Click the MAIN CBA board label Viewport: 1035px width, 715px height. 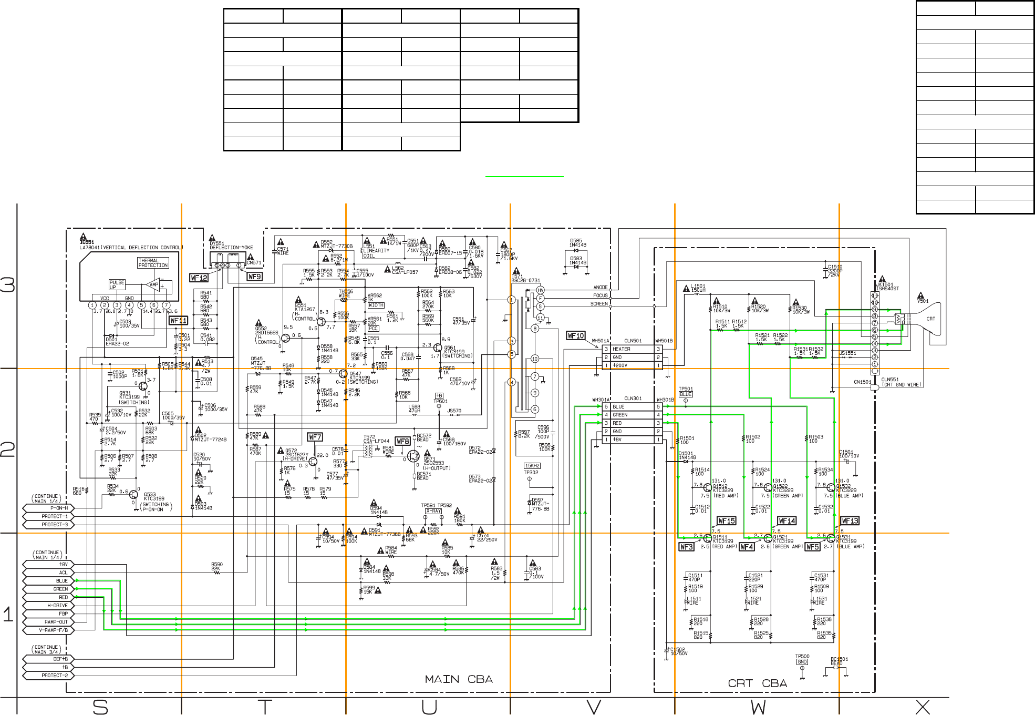tap(459, 679)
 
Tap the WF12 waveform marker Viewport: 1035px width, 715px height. tap(199, 278)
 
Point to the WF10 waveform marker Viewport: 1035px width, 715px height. tap(576, 335)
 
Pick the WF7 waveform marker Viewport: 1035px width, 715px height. tap(315, 437)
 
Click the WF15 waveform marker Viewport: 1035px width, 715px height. tap(727, 520)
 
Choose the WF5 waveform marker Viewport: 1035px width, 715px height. tap(812, 547)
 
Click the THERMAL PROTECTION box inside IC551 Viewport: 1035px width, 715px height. tap(153, 263)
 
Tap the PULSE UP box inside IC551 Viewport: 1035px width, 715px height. tap(117, 284)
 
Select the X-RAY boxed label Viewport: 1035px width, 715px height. tap(433, 511)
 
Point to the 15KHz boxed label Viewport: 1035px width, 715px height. tap(532, 466)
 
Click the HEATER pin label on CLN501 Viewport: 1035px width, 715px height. tap(622, 349)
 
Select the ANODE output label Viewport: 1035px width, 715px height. tap(600, 288)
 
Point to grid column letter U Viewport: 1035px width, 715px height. tap(429, 707)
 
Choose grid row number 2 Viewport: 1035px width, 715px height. tap(8, 450)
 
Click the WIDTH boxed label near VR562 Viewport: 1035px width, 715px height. tap(376, 305)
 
